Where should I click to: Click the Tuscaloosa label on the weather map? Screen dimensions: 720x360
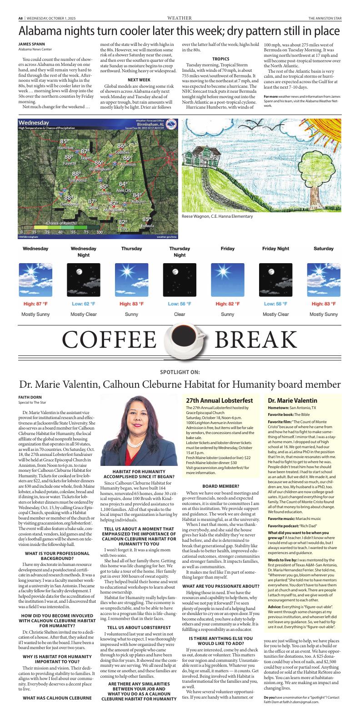pos(77,180)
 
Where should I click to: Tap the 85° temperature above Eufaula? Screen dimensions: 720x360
pos(146,219)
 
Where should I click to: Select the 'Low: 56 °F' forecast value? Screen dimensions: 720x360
pos(180,304)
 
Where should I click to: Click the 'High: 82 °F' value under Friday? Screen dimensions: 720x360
pos(228,304)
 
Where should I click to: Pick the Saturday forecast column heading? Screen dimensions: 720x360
pos(324,249)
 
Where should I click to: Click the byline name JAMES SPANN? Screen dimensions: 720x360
pos(29,44)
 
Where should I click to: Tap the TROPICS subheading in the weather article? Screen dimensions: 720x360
pos(220,59)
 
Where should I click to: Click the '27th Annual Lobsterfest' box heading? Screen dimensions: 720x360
pos(213,401)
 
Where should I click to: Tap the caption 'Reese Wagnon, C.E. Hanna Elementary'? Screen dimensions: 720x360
pos(217,216)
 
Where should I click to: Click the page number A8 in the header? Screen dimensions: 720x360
pos(20,18)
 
